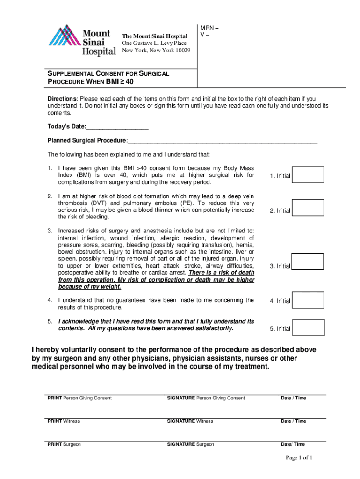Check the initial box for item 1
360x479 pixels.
(308, 175)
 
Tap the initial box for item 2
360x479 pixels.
(308, 208)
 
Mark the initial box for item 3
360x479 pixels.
(308, 262)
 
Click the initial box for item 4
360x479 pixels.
(308, 300)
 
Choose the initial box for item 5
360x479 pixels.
(308, 327)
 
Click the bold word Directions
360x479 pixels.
(62, 99)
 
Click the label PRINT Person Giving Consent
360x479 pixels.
(79, 398)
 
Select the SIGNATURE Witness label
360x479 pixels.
(190, 421)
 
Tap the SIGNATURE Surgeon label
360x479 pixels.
(190, 444)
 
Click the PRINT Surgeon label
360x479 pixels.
(64, 444)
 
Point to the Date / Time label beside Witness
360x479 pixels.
(293, 421)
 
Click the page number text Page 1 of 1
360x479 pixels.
(299, 457)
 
